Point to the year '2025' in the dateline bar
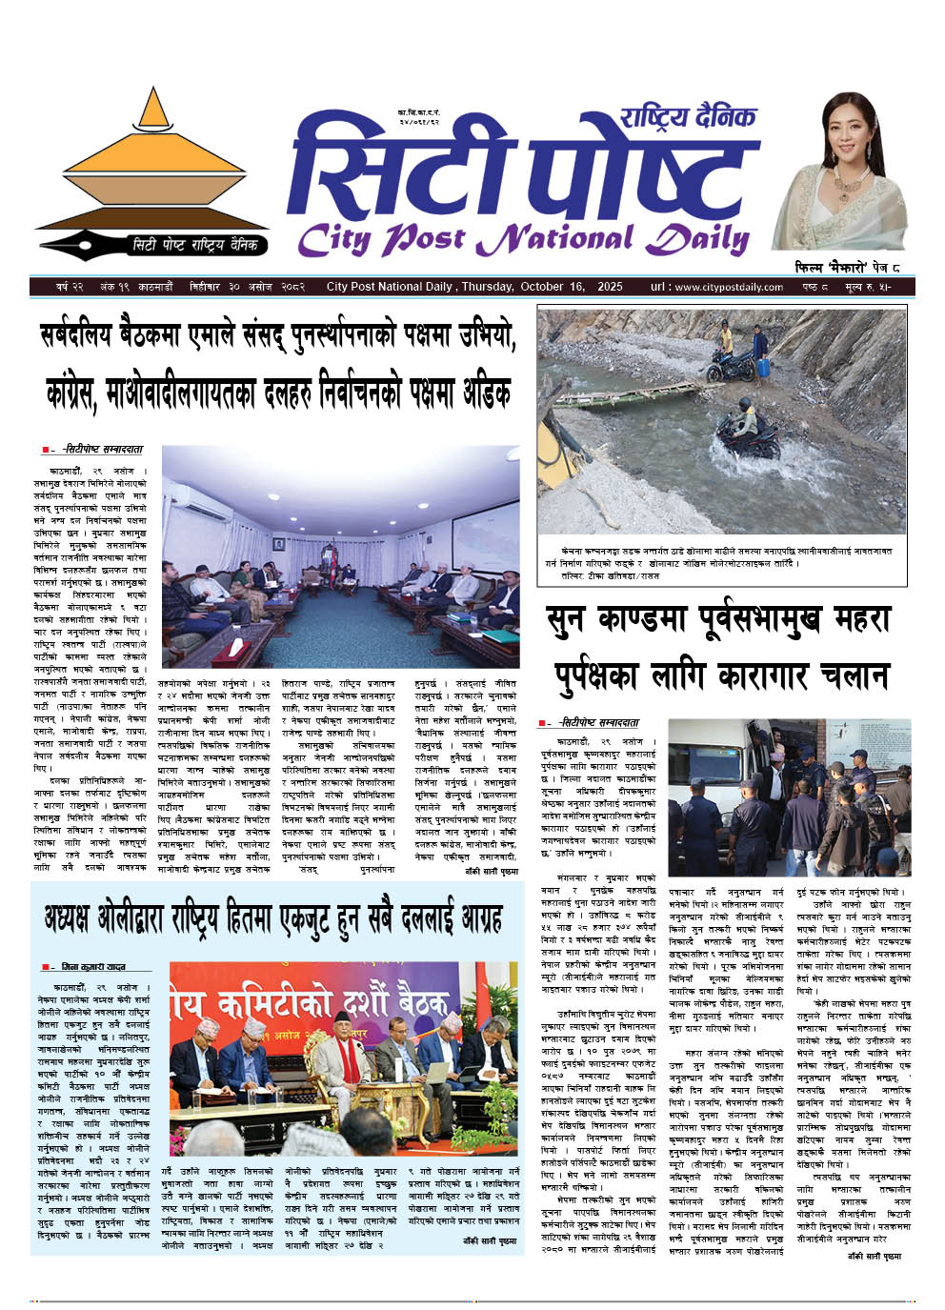pos(610,287)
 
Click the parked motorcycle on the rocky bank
pos(731,364)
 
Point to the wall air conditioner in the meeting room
pos(200,496)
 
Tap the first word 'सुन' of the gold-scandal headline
pos(571,623)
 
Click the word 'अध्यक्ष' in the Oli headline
pos(76,917)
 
